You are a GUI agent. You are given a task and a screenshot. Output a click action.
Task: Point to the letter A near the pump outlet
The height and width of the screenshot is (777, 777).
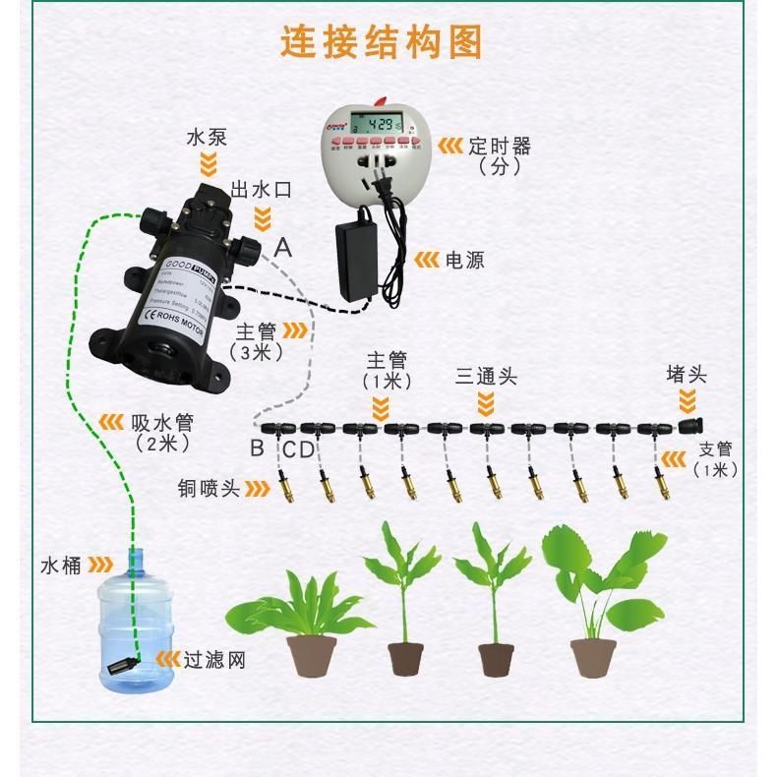[283, 248]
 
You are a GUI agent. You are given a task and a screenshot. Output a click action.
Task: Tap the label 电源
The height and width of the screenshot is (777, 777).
[465, 261]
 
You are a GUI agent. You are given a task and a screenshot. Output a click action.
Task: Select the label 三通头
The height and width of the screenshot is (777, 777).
[486, 377]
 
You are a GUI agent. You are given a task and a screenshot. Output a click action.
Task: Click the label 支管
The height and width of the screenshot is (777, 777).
[715, 450]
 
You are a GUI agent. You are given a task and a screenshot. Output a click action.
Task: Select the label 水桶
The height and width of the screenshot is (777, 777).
[60, 566]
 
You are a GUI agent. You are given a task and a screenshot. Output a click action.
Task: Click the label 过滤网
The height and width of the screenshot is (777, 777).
[214, 659]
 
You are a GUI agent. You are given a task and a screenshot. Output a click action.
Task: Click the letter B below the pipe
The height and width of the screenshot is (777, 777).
[257, 449]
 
